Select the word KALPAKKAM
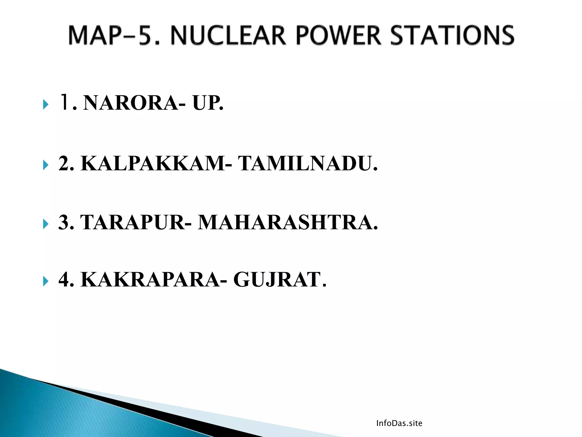click(x=153, y=163)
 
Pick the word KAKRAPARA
click(x=150, y=280)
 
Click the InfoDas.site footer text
click(x=399, y=423)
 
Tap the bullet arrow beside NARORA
click(x=45, y=104)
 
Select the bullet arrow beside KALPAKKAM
click(x=45, y=165)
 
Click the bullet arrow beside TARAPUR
click(x=45, y=224)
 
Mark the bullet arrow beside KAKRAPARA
click(x=45, y=281)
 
